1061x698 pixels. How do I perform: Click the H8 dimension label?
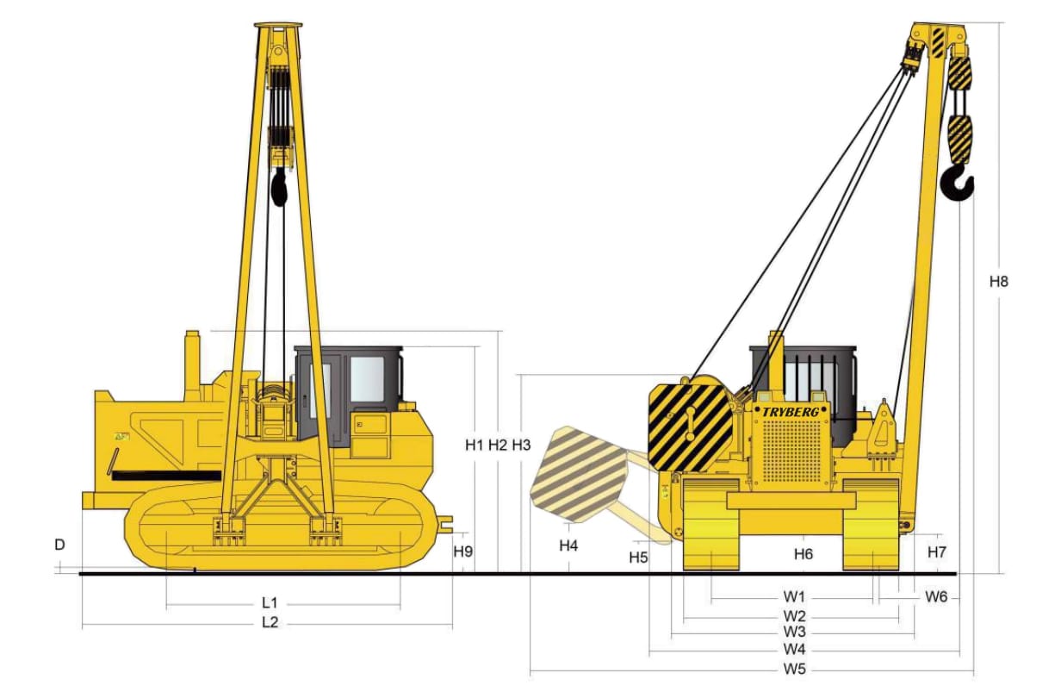point(998,282)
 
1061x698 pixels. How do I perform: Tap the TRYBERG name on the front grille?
point(790,412)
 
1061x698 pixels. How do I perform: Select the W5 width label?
point(794,669)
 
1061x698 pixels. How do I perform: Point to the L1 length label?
point(270,602)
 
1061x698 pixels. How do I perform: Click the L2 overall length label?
point(270,622)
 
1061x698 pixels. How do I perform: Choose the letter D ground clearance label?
point(59,545)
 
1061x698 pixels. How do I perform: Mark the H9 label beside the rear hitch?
point(462,552)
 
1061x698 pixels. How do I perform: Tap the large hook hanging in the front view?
point(957,183)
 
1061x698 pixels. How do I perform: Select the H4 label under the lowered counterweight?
point(568,545)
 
